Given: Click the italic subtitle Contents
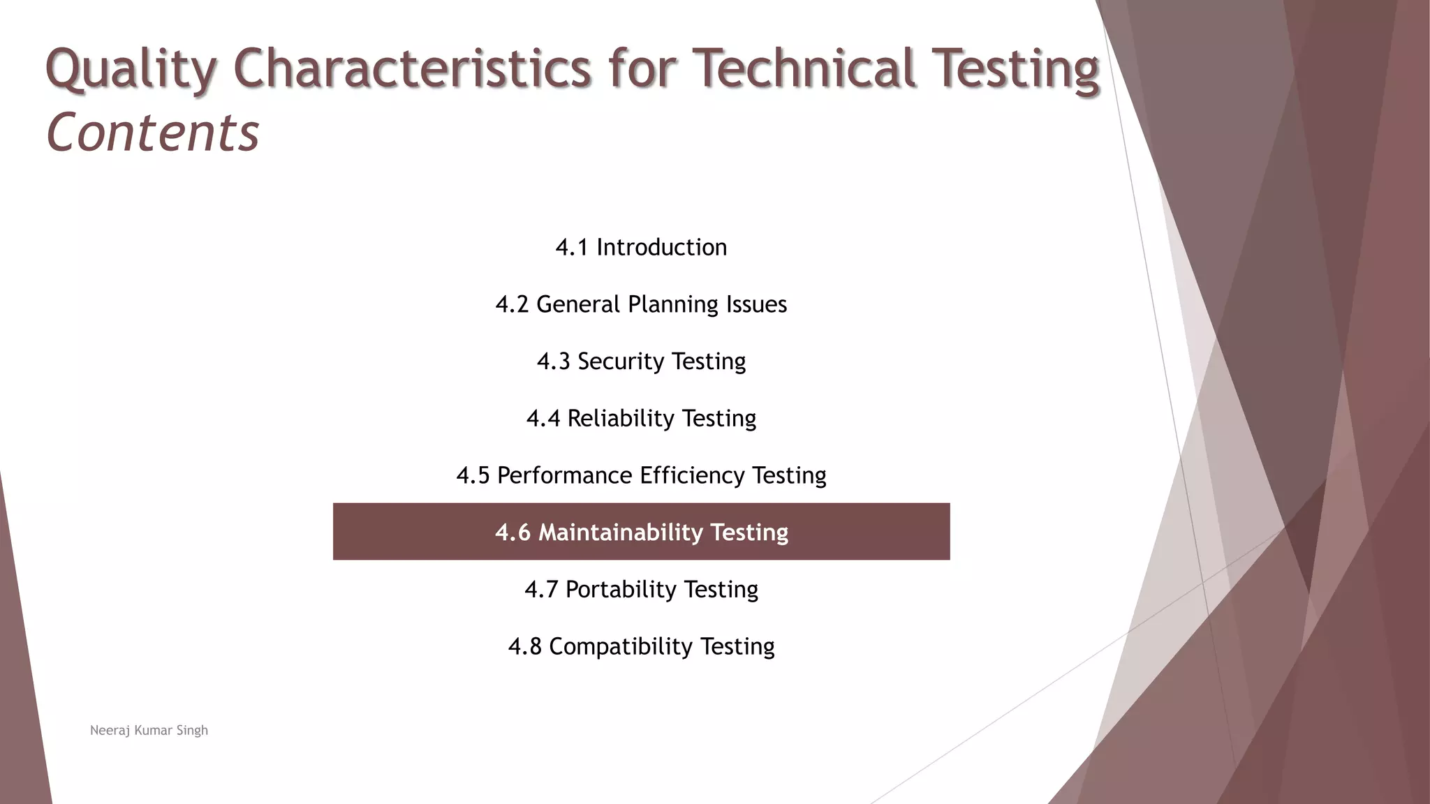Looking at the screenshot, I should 152,133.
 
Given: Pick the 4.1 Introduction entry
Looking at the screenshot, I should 641,247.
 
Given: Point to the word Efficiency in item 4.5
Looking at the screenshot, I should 692,475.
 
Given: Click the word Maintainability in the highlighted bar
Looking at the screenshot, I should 620,533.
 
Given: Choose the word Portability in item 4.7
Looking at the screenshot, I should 621,590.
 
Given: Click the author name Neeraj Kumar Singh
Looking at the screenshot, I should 149,731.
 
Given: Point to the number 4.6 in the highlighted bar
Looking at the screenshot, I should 513,533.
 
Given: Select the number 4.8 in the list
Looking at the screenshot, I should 525,647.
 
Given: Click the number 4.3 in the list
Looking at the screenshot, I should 554,362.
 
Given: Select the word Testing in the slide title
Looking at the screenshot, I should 1015,70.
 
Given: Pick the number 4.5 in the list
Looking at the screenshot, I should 473,475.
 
